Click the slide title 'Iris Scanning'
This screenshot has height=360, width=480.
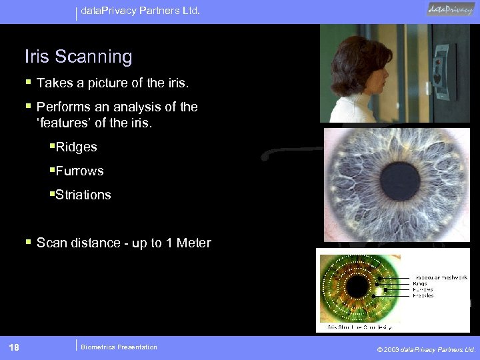[x=79, y=57]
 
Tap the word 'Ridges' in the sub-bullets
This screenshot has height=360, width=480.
[x=77, y=147]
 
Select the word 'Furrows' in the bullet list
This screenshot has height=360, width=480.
[x=80, y=171]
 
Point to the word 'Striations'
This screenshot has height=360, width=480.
[x=83, y=195]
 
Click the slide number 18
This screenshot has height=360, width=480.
[x=14, y=347]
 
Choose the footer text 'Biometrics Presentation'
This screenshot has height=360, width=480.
[x=119, y=347]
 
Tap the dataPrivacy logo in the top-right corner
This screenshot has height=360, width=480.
[x=451, y=10]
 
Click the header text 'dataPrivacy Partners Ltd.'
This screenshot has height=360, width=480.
[x=140, y=11]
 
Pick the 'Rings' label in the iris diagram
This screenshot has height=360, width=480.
[x=421, y=283]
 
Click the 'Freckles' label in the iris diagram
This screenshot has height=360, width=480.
[x=423, y=295]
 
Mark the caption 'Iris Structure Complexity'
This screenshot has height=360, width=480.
[x=359, y=327]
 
